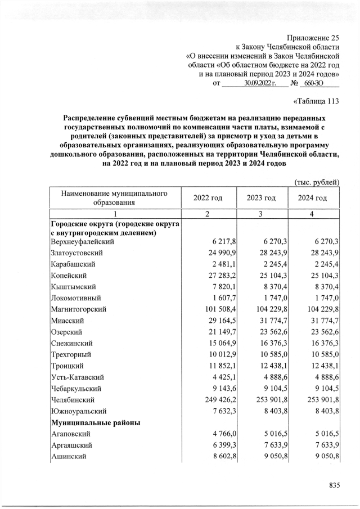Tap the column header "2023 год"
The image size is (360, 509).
[261, 198]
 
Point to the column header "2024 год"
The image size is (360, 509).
[313, 198]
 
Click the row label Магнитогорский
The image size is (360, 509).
[79, 309]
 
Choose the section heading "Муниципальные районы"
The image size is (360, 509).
[96, 422]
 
